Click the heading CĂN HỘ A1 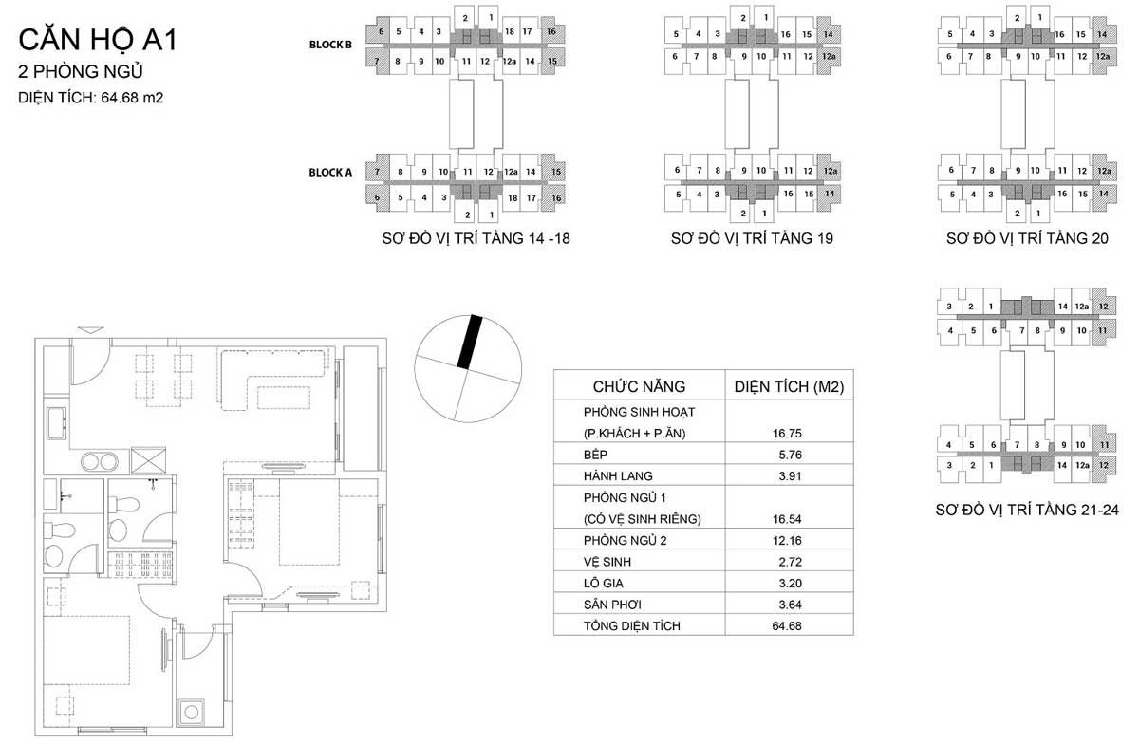tap(98, 41)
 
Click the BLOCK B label tap(330, 45)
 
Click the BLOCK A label tap(330, 173)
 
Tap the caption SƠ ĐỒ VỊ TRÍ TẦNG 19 tap(752, 238)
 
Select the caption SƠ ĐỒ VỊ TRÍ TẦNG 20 tap(1027, 238)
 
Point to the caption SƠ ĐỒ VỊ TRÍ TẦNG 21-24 tap(1027, 510)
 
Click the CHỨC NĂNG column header tap(639, 386)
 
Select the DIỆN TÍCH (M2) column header tap(789, 387)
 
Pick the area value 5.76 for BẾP tap(790, 455)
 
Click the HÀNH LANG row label tap(618, 476)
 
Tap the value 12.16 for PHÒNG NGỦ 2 tap(787, 540)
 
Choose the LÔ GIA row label tap(604, 583)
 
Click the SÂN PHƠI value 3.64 tap(790, 604)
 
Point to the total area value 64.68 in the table tap(787, 626)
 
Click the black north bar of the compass tap(469, 342)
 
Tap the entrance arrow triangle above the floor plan tap(91, 330)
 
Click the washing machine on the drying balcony tap(191, 712)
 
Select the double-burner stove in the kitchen tap(100, 462)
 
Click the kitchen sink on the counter tap(56, 423)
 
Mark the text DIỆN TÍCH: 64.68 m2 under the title tap(91, 97)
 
